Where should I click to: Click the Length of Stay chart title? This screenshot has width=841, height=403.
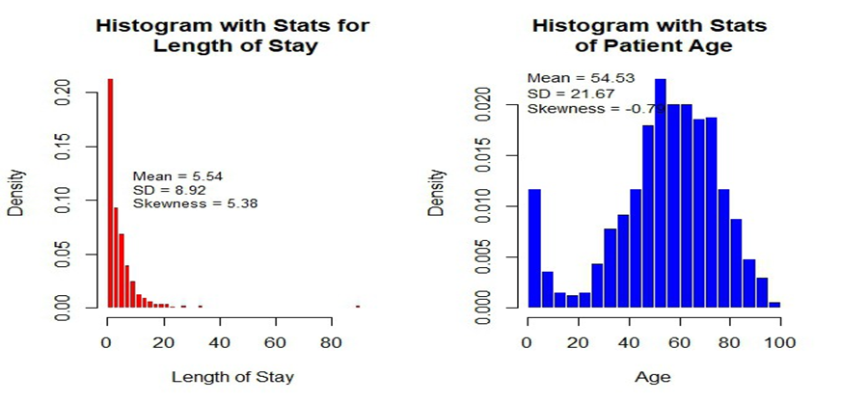point(232,35)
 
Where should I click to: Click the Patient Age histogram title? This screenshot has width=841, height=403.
point(650,35)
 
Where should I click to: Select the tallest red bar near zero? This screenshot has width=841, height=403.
point(110,193)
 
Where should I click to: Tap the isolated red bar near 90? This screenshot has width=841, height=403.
point(357,307)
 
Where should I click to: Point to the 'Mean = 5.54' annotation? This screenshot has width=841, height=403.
point(178,176)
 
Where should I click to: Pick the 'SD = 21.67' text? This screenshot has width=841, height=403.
point(566,93)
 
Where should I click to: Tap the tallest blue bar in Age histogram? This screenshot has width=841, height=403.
point(661,193)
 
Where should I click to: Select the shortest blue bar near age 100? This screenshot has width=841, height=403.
point(774,305)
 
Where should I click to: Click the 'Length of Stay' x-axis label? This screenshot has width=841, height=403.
point(232,376)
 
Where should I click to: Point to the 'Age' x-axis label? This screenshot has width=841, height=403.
point(651,376)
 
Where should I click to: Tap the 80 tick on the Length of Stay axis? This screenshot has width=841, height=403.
point(331,343)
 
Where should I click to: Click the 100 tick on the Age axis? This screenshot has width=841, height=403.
point(779,343)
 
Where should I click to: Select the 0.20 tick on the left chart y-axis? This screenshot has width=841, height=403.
point(66,92)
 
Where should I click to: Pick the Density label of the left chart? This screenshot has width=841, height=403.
point(16,193)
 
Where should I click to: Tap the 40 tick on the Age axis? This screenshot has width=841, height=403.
point(629,343)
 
